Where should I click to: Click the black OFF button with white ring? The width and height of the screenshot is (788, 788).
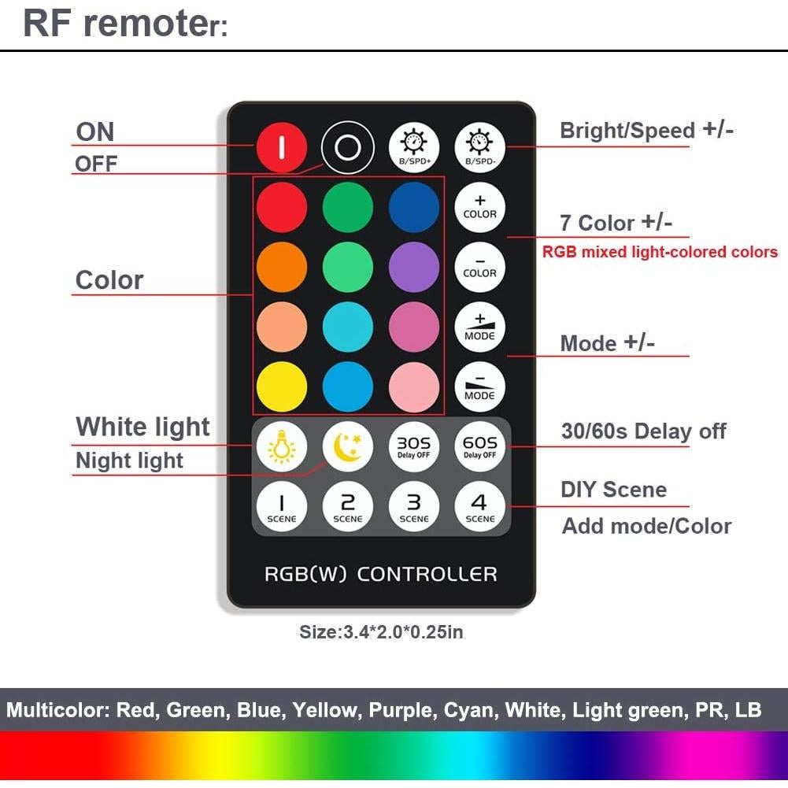tap(347, 147)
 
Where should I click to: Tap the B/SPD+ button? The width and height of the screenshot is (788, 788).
tap(414, 147)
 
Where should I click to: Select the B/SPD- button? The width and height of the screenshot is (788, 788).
tap(480, 147)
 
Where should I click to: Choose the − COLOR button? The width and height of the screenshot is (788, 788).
tap(480, 267)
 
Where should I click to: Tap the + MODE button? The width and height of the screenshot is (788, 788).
tap(480, 327)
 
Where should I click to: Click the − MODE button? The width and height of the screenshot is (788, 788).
tap(480, 387)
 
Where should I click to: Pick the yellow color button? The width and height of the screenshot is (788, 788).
tap(281, 387)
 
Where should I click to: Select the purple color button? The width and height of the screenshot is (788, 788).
tap(414, 267)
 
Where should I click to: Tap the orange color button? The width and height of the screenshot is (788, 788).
tap(281, 267)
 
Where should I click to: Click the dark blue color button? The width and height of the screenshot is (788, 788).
tap(414, 207)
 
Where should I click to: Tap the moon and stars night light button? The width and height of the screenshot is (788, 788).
tap(347, 447)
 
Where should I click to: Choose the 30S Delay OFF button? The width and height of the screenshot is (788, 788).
tap(414, 447)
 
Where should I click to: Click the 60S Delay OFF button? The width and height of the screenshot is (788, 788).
tap(480, 447)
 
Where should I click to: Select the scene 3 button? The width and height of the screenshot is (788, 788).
tap(414, 507)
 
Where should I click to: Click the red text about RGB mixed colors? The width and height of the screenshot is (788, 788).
tap(660, 253)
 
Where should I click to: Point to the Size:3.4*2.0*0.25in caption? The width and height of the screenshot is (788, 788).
tap(381, 632)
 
